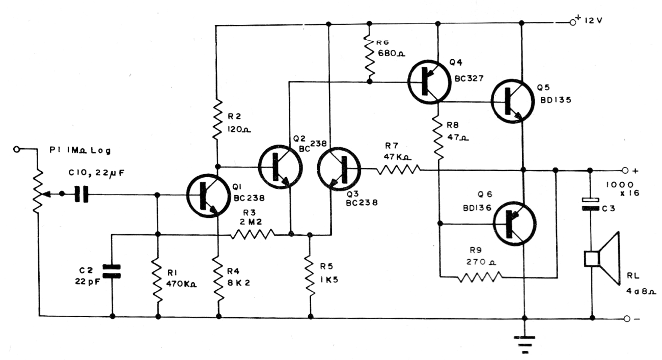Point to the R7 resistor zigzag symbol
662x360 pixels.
click(399, 170)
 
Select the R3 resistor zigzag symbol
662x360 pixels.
click(253, 235)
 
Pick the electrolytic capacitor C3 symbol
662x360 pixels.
click(591, 204)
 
